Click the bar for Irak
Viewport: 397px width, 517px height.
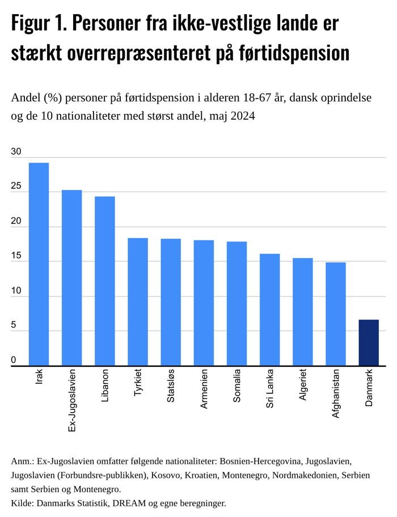pyautogui.click(x=39, y=264)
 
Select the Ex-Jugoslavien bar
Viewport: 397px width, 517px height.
pyautogui.click(x=71, y=278)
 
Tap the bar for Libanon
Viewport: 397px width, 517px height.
pyautogui.click(x=104, y=281)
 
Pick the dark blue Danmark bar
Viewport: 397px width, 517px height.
pyautogui.click(x=369, y=342)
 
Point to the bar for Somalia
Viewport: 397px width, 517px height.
pyautogui.click(x=236, y=303)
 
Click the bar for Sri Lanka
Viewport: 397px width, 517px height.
pyautogui.click(x=269, y=310)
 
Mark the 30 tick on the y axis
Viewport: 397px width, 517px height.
pyautogui.click(x=16, y=152)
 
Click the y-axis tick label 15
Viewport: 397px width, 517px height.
pyautogui.click(x=16, y=256)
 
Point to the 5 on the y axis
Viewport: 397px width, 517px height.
pyautogui.click(x=14, y=326)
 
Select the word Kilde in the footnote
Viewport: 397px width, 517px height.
pyautogui.click(x=22, y=503)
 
